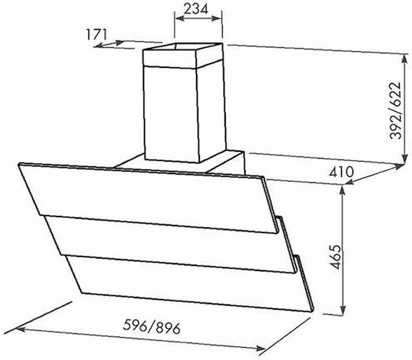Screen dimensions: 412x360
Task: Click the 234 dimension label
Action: pos(196,9)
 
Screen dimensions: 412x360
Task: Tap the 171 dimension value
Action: pos(96,34)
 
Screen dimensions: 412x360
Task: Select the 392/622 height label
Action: pos(395,111)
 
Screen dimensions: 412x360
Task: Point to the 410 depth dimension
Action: pos(342,172)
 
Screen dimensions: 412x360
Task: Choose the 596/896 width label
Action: pos(152,326)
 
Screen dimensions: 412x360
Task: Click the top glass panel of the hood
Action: pos(147,198)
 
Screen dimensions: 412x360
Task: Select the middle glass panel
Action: pos(171,243)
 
